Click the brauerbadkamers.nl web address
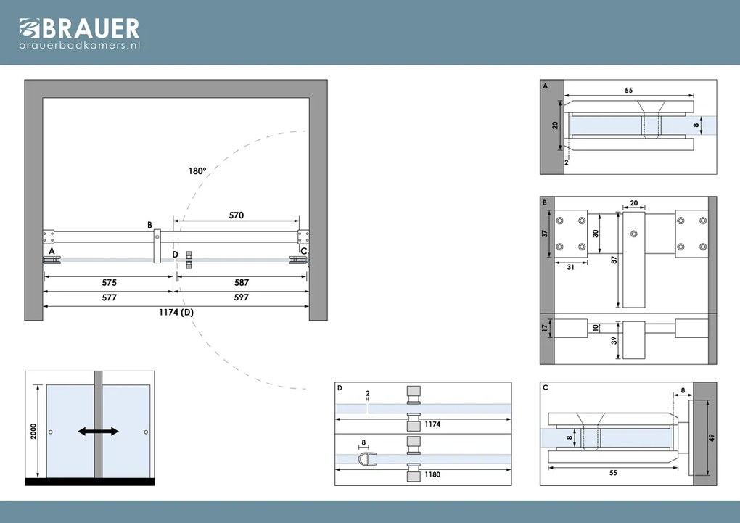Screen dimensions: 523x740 coord(79,45)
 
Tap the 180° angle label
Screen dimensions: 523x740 coord(197,171)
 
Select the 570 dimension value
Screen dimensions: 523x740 coord(236,215)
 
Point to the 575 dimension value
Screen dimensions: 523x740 coord(110,282)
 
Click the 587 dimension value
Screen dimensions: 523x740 coord(241,282)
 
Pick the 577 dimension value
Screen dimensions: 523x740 coord(110,297)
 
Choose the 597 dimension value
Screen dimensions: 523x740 coord(241,297)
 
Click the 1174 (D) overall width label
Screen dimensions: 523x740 coord(177,313)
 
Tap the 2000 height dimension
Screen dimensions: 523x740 coord(33,431)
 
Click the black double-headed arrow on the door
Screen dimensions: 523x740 coord(99,432)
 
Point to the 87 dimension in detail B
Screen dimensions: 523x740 coord(614,260)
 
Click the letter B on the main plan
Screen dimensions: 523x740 coord(149,225)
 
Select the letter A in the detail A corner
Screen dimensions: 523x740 coord(545,85)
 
